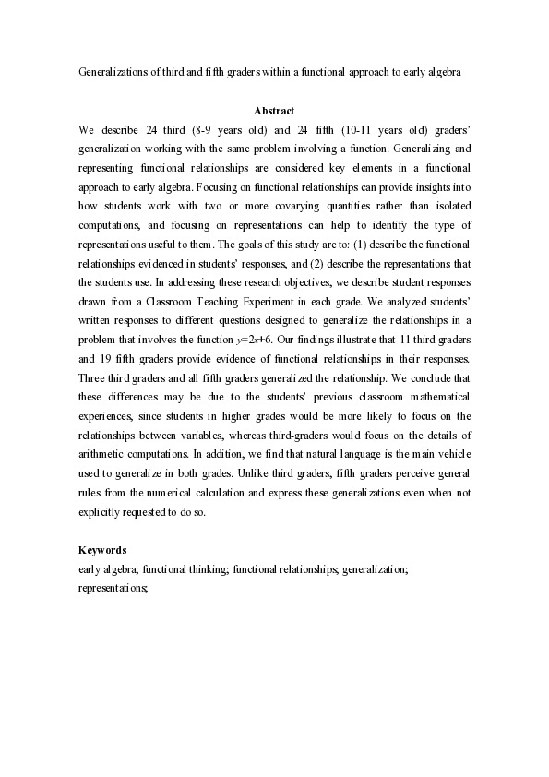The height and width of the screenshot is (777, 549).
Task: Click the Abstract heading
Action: coord(274,112)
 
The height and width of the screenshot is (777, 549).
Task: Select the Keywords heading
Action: coord(101,550)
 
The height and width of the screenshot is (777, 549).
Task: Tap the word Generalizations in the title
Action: coord(113,70)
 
